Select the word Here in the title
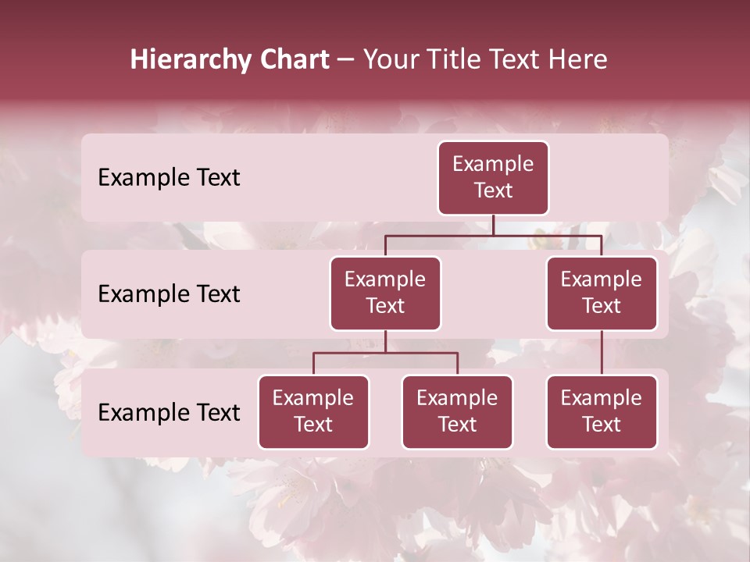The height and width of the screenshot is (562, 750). pos(578,59)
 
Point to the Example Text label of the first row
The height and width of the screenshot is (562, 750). pos(169,178)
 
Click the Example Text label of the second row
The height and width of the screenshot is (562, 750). pos(169,294)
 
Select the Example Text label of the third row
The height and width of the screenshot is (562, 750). pos(169,413)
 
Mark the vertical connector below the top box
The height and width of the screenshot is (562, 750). pos(493,225)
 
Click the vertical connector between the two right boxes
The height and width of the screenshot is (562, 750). pos(602,353)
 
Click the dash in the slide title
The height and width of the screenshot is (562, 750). pos(346,59)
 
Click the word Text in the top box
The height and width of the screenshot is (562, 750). pos(493,190)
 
